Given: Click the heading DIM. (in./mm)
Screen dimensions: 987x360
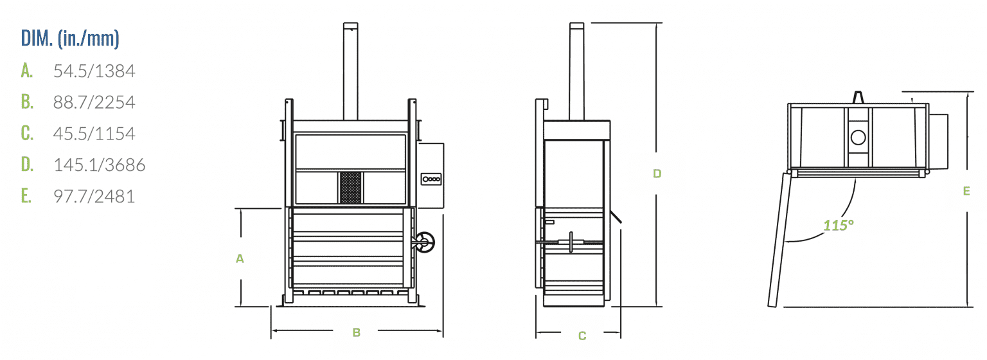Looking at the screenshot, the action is pyautogui.click(x=70, y=39).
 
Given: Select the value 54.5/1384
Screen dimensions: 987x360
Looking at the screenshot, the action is pyautogui.click(x=94, y=71).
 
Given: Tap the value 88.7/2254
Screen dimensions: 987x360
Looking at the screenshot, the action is pyautogui.click(x=94, y=102).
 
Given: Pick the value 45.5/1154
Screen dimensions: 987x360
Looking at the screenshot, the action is pyautogui.click(x=94, y=134).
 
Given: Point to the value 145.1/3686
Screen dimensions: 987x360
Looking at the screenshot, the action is pyautogui.click(x=99, y=165).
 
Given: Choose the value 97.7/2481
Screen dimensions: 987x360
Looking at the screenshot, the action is pyautogui.click(x=94, y=196).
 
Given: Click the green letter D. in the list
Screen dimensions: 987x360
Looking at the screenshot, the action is pyautogui.click(x=27, y=165).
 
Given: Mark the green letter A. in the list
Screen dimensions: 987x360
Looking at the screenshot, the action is pyautogui.click(x=27, y=71).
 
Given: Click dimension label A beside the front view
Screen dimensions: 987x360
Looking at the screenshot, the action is pyautogui.click(x=240, y=258).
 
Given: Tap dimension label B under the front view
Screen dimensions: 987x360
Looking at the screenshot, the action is pyautogui.click(x=357, y=333).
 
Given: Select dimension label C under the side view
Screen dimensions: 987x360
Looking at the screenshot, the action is pyautogui.click(x=582, y=336).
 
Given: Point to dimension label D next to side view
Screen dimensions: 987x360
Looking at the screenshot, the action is pyautogui.click(x=657, y=174).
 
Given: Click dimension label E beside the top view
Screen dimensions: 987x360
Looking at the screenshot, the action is pyautogui.click(x=966, y=191).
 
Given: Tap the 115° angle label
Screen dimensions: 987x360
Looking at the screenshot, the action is pyautogui.click(x=839, y=226).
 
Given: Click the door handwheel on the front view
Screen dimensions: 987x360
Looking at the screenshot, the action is pyautogui.click(x=425, y=242).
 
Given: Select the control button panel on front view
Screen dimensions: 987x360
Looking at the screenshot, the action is pyautogui.click(x=431, y=179).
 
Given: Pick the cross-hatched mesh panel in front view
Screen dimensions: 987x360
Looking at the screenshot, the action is pyautogui.click(x=351, y=188).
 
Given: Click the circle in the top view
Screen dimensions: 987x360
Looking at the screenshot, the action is pyautogui.click(x=858, y=138).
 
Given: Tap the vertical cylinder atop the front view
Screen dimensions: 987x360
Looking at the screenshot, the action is pyautogui.click(x=351, y=71).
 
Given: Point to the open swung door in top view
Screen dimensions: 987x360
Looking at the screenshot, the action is pyautogui.click(x=779, y=240).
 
